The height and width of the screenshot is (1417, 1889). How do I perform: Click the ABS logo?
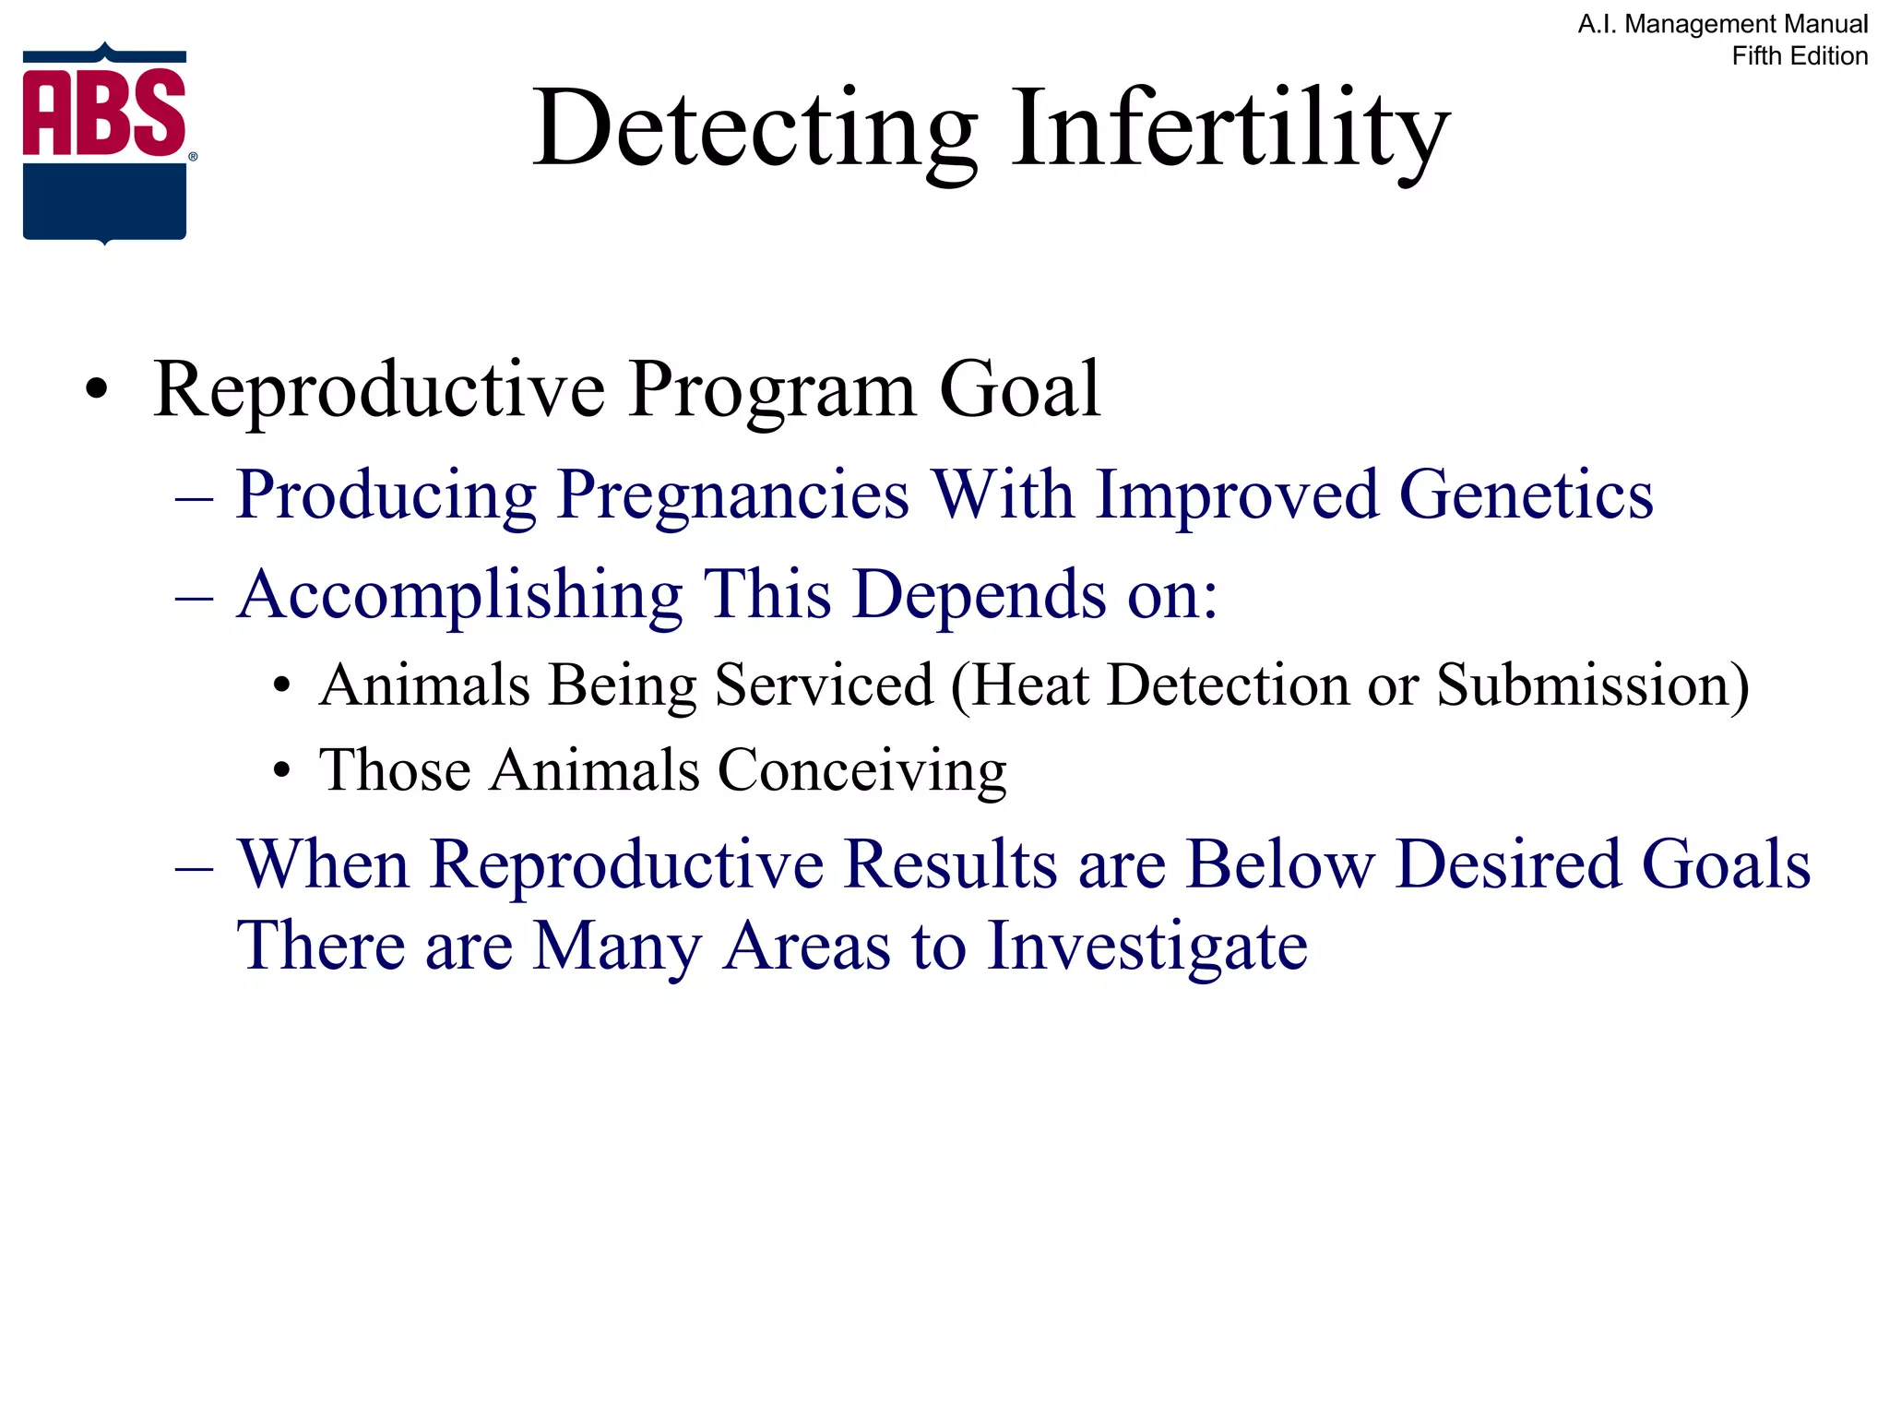pos(105,143)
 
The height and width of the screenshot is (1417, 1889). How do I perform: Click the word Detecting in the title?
pos(754,129)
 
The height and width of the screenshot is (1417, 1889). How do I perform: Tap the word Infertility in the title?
pos(1230,129)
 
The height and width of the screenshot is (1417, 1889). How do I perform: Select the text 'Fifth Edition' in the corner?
pos(1799,56)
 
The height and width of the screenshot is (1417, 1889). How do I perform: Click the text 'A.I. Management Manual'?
pos(1722,24)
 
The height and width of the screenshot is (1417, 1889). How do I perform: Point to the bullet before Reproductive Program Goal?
pos(96,391)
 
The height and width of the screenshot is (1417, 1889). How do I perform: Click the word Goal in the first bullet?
pos(1019,389)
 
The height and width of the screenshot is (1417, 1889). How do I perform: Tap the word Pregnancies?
pos(733,496)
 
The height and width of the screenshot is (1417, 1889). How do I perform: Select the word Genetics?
pos(1526,495)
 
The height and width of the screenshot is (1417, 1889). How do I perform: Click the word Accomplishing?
pos(459,595)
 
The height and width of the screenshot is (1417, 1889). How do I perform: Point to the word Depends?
pos(979,595)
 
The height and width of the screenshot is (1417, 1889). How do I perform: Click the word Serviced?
pos(824,685)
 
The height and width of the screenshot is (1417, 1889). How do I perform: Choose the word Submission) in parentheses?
pos(1592,685)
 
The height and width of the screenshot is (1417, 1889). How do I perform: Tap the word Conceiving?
pos(861,771)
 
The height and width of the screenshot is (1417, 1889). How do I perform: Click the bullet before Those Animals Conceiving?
pos(282,771)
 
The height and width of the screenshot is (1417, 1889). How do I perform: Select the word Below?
pos(1279,865)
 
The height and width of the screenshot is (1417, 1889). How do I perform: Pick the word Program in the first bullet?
pos(773,389)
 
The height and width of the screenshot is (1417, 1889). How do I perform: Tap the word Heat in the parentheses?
pos(1029,685)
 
